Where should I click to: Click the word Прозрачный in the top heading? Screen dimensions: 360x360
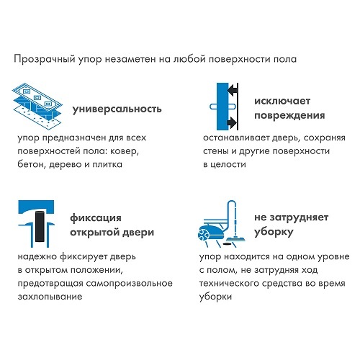click(45, 59)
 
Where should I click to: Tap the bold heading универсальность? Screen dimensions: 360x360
click(117, 109)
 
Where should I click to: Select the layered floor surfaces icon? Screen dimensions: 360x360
click(37, 106)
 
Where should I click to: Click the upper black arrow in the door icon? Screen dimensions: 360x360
click(233, 91)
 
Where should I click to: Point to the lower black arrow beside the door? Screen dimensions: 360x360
click(233, 122)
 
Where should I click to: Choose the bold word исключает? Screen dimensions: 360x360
click(282, 101)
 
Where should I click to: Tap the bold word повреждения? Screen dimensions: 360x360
click(289, 116)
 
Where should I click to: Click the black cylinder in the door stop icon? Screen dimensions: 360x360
click(40, 226)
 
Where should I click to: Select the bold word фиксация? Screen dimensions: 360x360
click(96, 218)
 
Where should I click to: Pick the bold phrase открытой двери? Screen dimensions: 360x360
click(112, 233)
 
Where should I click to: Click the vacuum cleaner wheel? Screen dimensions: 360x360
click(204, 234)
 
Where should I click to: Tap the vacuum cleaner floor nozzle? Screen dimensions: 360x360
click(235, 239)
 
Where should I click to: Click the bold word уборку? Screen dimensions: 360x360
click(274, 232)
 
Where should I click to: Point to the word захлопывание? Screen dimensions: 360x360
click(50, 297)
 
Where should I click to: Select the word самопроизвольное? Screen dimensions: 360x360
click(130, 284)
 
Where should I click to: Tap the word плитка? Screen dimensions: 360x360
click(107, 165)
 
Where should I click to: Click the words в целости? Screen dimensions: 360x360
click(225, 165)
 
